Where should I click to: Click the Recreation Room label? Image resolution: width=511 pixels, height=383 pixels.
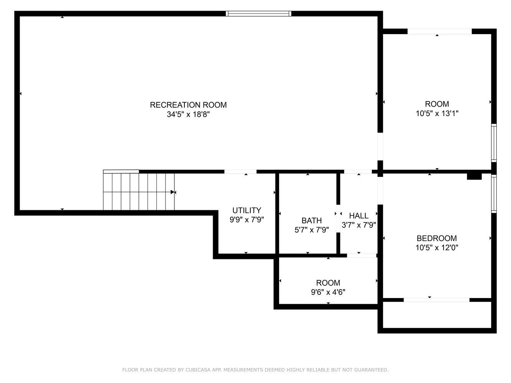point(188,105)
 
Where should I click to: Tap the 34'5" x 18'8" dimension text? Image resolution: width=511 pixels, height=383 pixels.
point(188,115)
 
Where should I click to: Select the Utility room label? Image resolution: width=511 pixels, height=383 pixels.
point(246,210)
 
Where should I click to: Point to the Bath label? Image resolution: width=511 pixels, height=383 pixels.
point(312,220)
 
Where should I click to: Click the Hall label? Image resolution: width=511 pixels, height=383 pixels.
point(358,216)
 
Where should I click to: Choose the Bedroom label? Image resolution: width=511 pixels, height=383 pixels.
point(437,238)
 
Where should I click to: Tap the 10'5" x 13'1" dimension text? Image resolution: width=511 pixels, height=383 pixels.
point(437,113)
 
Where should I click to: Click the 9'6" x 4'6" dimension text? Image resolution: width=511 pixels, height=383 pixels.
point(328,292)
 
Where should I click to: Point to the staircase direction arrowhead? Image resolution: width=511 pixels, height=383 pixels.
point(173,192)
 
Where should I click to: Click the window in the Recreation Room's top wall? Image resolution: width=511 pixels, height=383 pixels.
point(258,13)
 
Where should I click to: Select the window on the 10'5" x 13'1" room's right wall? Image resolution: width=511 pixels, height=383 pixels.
point(494,143)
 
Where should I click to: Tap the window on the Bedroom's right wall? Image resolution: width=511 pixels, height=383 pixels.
point(494,194)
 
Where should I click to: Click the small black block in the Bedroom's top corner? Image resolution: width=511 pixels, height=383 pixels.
point(474,177)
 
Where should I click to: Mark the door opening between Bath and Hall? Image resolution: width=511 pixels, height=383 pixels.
point(338,218)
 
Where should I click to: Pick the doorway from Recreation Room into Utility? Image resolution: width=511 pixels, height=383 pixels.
point(240,172)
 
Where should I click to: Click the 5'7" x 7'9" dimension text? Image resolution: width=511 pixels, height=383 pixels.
point(312,230)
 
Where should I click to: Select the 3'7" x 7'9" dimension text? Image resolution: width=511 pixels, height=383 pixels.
point(358,225)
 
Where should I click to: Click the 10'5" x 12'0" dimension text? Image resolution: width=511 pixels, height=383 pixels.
point(437,248)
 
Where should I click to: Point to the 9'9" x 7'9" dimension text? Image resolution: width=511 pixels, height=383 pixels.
point(246,220)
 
